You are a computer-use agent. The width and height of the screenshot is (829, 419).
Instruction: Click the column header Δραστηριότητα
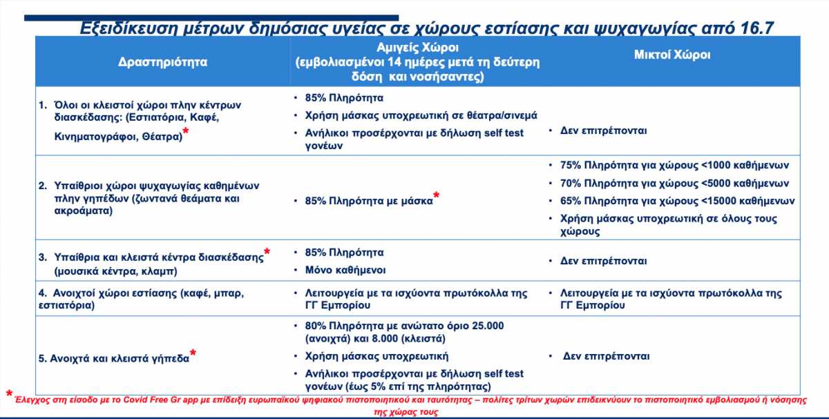click(x=162, y=61)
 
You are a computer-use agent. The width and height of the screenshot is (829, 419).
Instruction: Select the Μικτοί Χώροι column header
click(x=672, y=55)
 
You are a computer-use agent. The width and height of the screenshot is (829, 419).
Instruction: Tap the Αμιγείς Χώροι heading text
click(x=417, y=48)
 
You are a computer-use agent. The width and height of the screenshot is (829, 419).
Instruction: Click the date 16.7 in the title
click(x=757, y=28)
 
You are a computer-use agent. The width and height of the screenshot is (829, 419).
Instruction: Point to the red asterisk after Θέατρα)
click(x=186, y=131)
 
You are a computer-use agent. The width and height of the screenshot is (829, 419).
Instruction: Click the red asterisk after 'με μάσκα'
click(x=437, y=195)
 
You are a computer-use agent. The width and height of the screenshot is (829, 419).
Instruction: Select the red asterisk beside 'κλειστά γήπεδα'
click(x=193, y=353)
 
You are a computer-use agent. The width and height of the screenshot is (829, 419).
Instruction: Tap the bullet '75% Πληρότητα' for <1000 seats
click(x=674, y=165)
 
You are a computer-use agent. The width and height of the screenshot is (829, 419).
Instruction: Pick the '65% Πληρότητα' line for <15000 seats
click(x=677, y=201)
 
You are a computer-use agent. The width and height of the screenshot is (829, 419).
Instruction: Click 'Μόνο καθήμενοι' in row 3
click(x=345, y=271)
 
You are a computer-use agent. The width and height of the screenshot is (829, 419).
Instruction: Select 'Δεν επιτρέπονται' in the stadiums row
click(x=607, y=356)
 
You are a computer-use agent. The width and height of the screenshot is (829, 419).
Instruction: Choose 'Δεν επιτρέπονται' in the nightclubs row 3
click(x=603, y=261)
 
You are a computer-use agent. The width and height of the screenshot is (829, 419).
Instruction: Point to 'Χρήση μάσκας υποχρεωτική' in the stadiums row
click(x=377, y=356)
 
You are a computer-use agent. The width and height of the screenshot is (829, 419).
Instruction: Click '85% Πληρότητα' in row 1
click(x=344, y=98)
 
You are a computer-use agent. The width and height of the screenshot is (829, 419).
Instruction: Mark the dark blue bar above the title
click(x=211, y=18)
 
